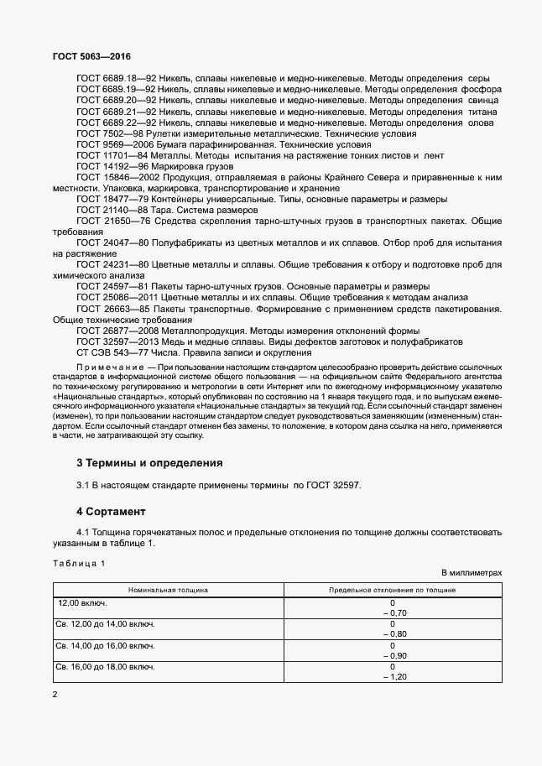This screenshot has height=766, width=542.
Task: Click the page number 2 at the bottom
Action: (x=55, y=695)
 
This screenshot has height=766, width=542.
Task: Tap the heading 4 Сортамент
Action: (x=111, y=511)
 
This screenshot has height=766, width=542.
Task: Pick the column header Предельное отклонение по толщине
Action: (x=392, y=590)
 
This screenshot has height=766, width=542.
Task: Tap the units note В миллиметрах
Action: (x=472, y=572)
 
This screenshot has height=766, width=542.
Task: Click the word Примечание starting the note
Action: (x=109, y=367)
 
